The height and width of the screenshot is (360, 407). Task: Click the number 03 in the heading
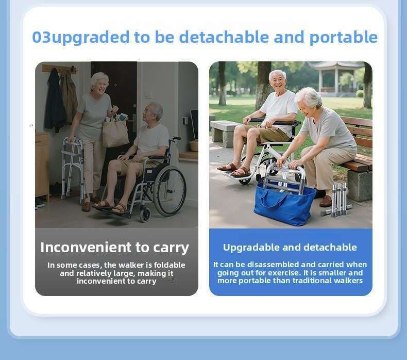tap(42, 37)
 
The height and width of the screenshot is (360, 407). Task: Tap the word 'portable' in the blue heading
tap(344, 38)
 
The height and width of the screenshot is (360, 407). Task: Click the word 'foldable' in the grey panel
tap(169, 265)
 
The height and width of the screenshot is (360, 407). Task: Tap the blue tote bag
tap(284, 203)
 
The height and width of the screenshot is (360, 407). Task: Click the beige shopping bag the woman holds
tap(115, 132)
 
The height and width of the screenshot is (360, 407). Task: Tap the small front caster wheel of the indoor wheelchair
tap(145, 215)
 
